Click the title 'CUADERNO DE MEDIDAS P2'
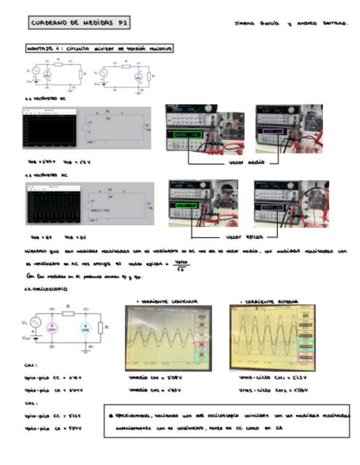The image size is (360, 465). point(79,23)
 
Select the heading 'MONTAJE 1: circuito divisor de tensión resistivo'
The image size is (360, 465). point(99,49)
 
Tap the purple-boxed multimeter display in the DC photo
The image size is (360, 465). point(273,132)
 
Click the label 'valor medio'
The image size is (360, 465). point(247,163)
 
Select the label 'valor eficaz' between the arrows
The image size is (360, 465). point(245,237)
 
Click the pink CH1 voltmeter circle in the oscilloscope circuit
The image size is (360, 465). point(53,328)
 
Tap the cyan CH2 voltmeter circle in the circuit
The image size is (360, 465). point(85,328)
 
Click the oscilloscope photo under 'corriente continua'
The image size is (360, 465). point(167,336)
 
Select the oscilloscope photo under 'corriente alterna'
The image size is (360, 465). point(273,336)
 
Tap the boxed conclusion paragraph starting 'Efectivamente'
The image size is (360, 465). point(226,421)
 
